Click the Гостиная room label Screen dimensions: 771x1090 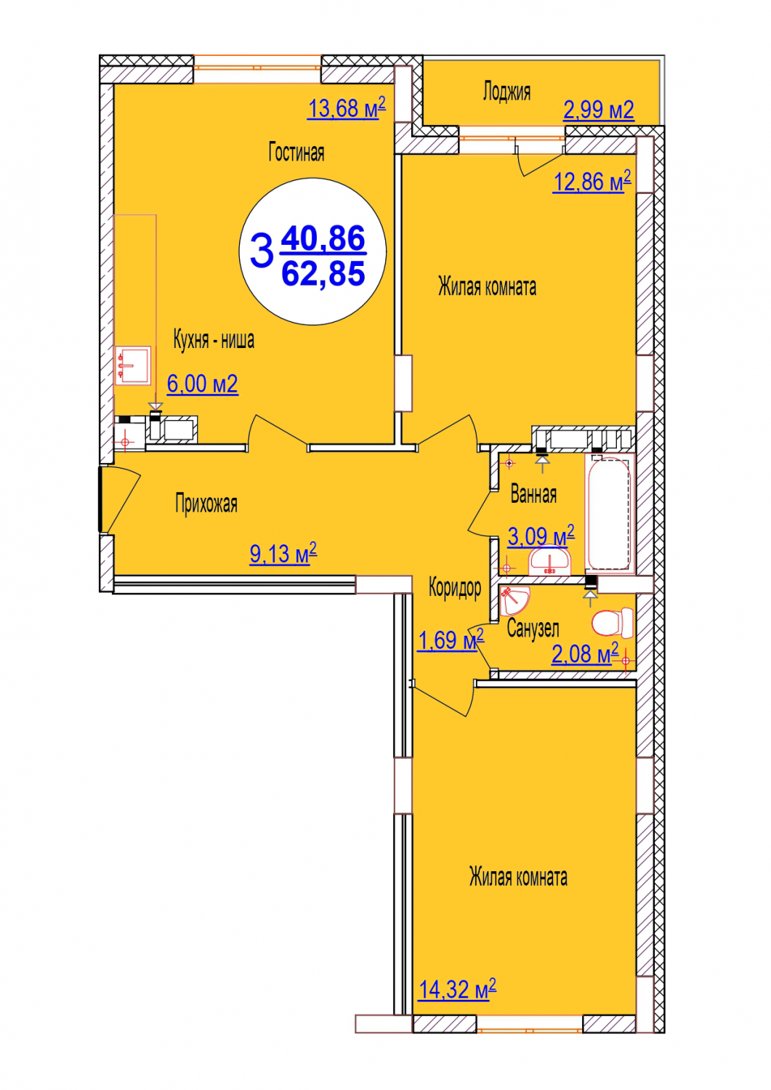[296, 153]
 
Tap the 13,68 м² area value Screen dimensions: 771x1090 [346, 108]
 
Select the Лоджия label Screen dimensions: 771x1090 [506, 92]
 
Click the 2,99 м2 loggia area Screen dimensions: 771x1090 [598, 110]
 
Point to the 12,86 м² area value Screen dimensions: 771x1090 [592, 182]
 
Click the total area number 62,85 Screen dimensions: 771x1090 [323, 273]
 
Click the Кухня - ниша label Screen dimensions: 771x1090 [214, 340]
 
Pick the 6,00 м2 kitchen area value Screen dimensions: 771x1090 [203, 384]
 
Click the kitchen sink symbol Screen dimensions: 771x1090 [132, 366]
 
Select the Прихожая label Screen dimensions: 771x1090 [206, 504]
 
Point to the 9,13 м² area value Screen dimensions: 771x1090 [283, 553]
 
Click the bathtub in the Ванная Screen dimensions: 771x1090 [610, 512]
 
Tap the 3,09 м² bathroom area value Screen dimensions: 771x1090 [541, 537]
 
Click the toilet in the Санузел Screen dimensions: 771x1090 [613, 623]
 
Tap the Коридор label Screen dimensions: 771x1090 [455, 588]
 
